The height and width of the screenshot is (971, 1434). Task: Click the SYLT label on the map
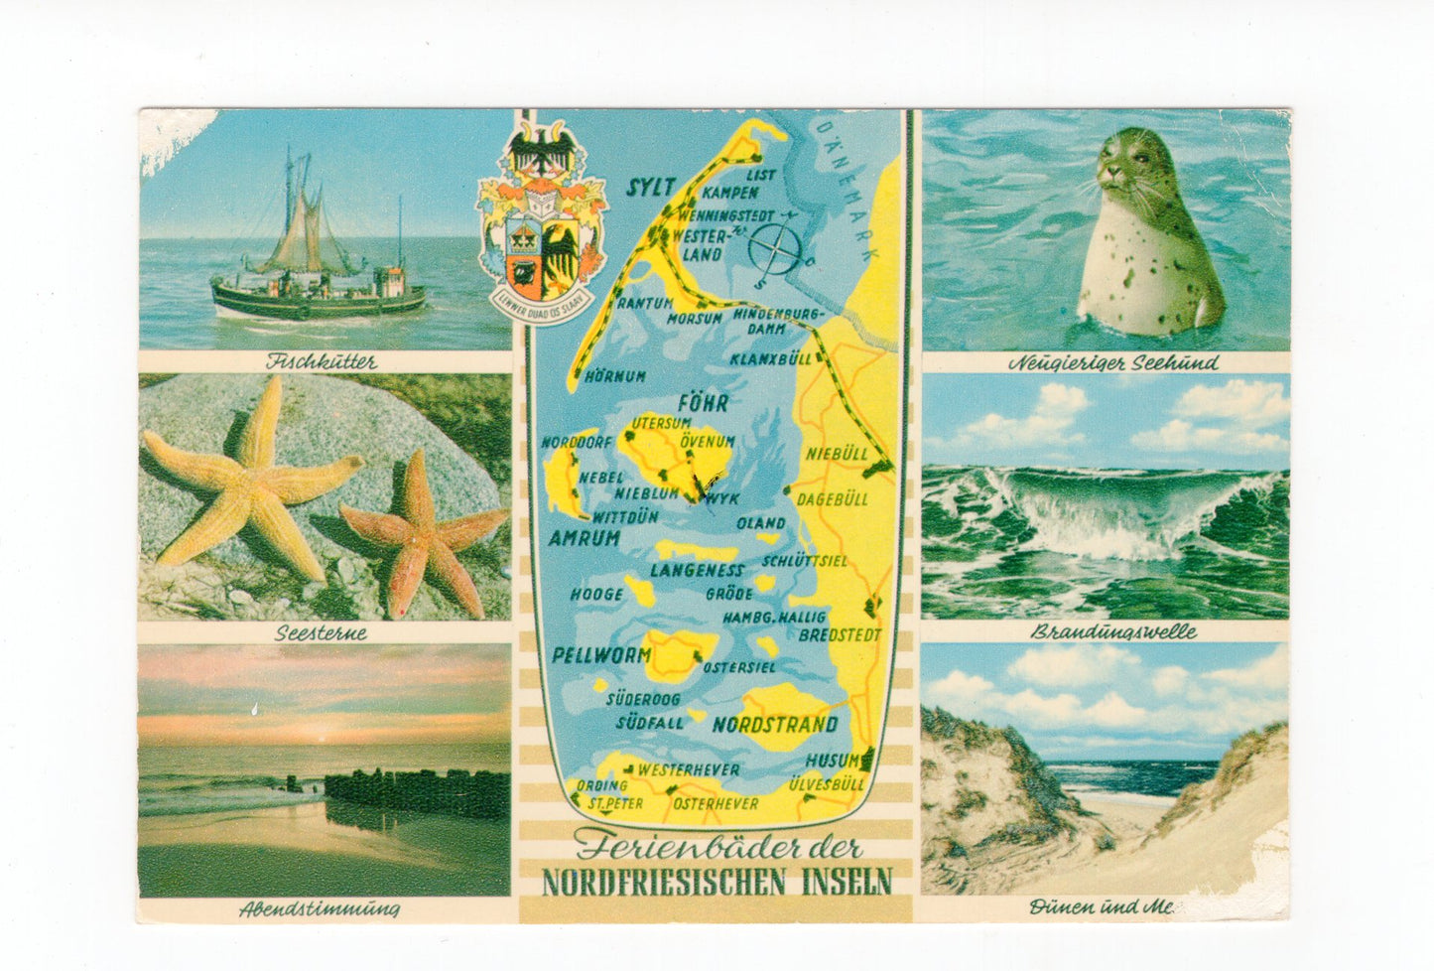tap(651, 187)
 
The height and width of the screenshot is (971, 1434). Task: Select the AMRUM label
tap(586, 537)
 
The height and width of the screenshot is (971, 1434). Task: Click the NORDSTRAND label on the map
tap(775, 724)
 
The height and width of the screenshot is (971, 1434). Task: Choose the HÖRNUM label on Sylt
tap(615, 376)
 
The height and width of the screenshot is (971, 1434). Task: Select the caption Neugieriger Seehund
tap(1112, 363)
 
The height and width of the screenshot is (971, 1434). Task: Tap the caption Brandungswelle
tap(1113, 631)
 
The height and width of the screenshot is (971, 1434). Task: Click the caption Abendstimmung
tap(320, 907)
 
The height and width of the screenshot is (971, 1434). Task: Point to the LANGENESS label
tap(697, 570)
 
